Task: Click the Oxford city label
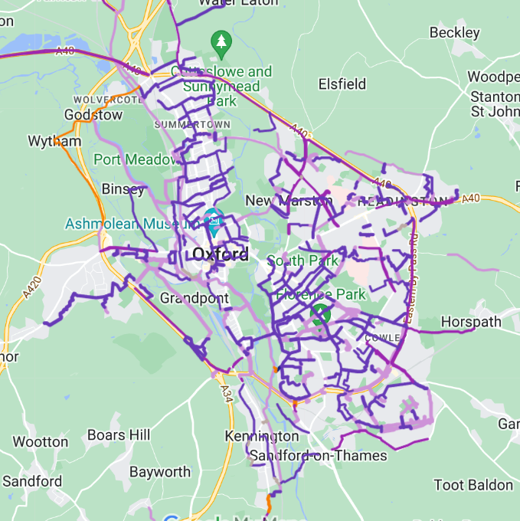tap(220, 254)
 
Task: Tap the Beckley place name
tap(455, 32)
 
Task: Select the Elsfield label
tap(342, 84)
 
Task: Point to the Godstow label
tap(93, 115)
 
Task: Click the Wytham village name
tap(54, 142)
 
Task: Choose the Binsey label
tap(123, 189)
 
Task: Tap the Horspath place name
tap(471, 321)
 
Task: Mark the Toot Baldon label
tap(473, 485)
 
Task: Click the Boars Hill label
tap(118, 435)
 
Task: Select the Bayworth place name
tap(159, 471)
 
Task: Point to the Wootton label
tap(41, 442)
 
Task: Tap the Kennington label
tap(261, 436)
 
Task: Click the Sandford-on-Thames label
tap(319, 456)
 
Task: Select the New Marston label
tap(288, 201)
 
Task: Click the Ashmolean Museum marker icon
tap(214, 221)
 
